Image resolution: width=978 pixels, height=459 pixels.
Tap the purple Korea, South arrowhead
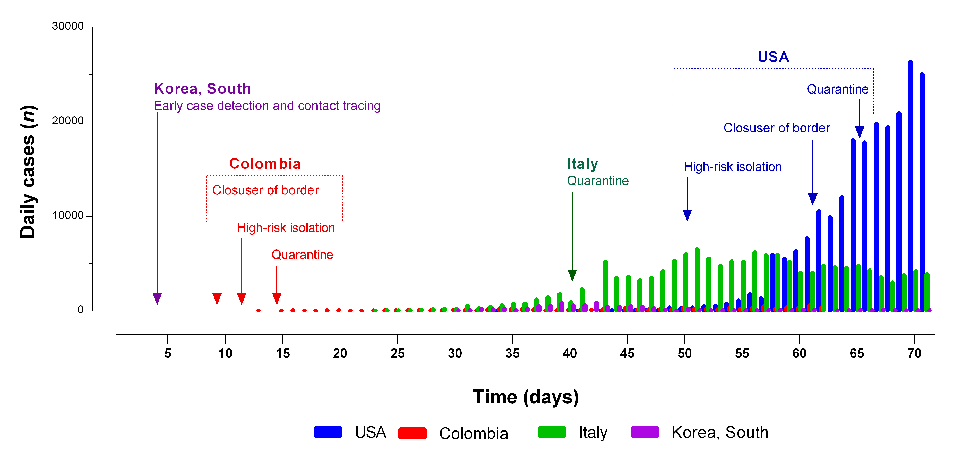tap(157, 298)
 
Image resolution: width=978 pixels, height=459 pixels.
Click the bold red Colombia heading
tap(265, 164)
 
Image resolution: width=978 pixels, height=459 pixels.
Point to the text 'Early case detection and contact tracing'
tap(267, 106)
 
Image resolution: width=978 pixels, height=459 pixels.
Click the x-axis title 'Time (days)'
tap(526, 397)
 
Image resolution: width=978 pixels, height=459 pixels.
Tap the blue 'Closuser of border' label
tap(776, 128)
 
